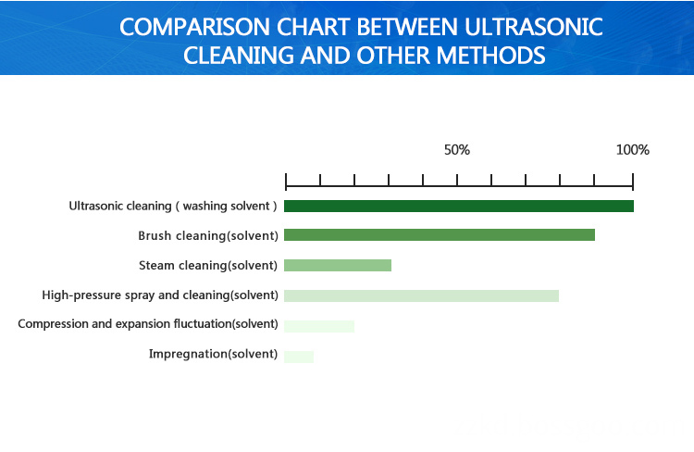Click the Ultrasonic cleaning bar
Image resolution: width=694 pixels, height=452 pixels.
click(x=459, y=206)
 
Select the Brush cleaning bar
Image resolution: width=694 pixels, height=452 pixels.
click(x=439, y=235)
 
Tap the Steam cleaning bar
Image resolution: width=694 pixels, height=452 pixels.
click(x=338, y=265)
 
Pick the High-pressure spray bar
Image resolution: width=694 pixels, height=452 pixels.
click(x=421, y=295)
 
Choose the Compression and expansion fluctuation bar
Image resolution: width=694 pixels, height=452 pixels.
click(x=319, y=326)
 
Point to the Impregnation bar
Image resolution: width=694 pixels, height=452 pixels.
click(x=299, y=357)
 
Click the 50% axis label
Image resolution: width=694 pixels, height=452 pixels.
click(x=457, y=150)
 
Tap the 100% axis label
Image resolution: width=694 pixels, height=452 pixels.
click(x=633, y=150)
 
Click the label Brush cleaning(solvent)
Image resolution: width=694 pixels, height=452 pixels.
click(x=208, y=236)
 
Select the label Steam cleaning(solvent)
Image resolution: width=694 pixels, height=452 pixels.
click(x=208, y=266)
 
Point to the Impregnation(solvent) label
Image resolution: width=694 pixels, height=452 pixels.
click(x=214, y=354)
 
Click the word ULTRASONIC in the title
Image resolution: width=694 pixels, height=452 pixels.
click(x=534, y=27)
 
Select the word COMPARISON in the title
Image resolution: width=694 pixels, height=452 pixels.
click(x=194, y=27)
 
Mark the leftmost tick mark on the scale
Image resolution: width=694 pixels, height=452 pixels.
click(x=286, y=182)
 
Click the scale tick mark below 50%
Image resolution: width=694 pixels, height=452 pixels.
click(x=457, y=180)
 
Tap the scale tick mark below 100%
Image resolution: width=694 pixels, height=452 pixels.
click(x=633, y=182)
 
